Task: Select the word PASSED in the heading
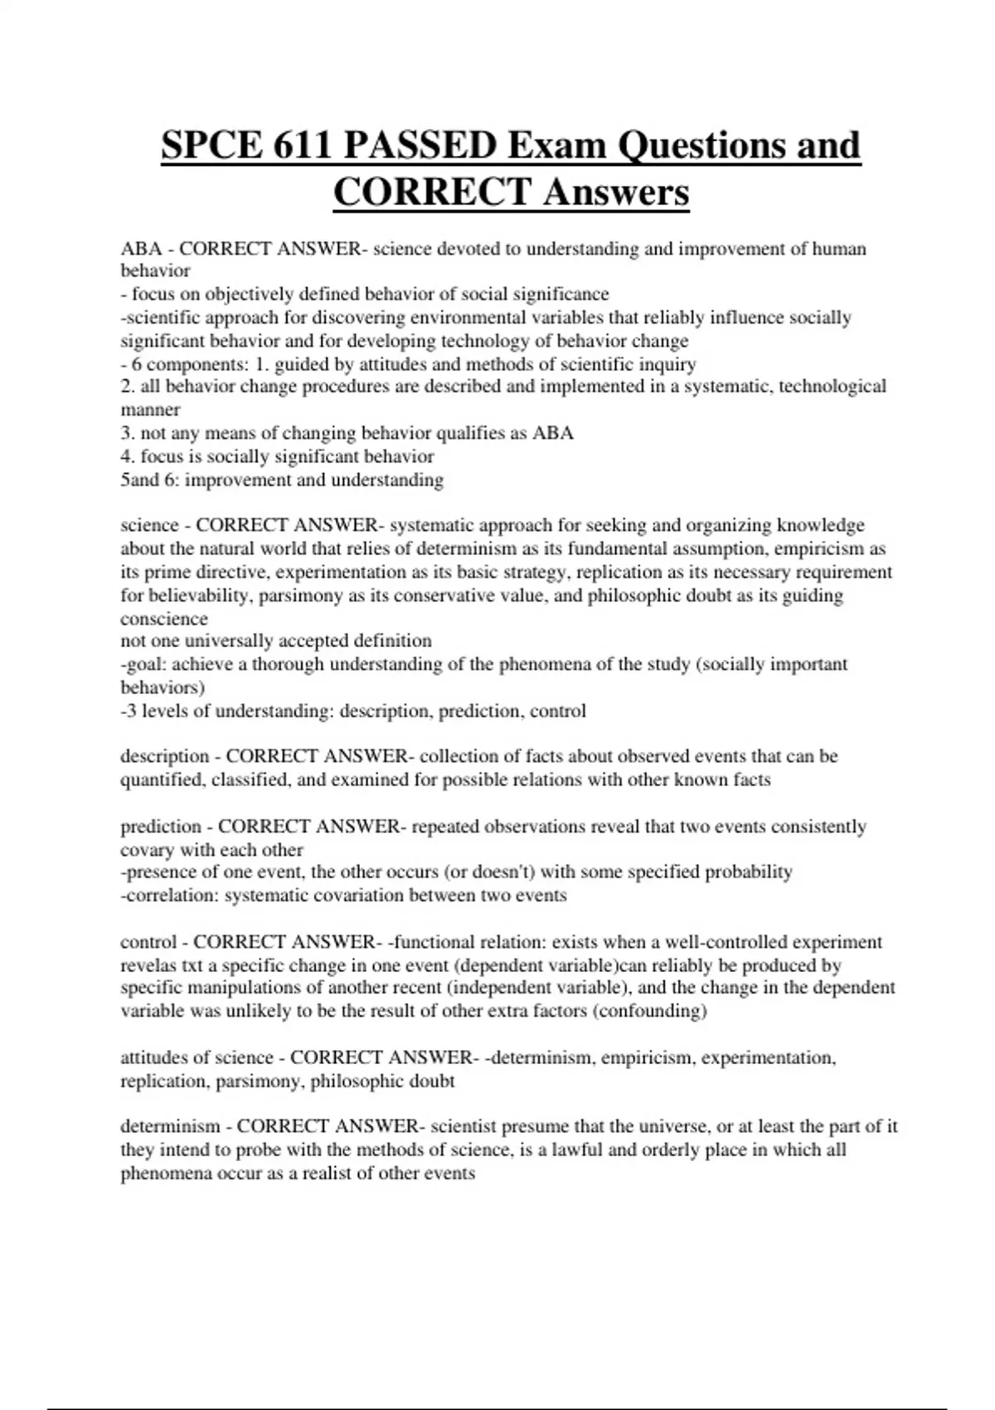pos(420,146)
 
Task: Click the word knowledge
pos(820,525)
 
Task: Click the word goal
pos(145,664)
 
